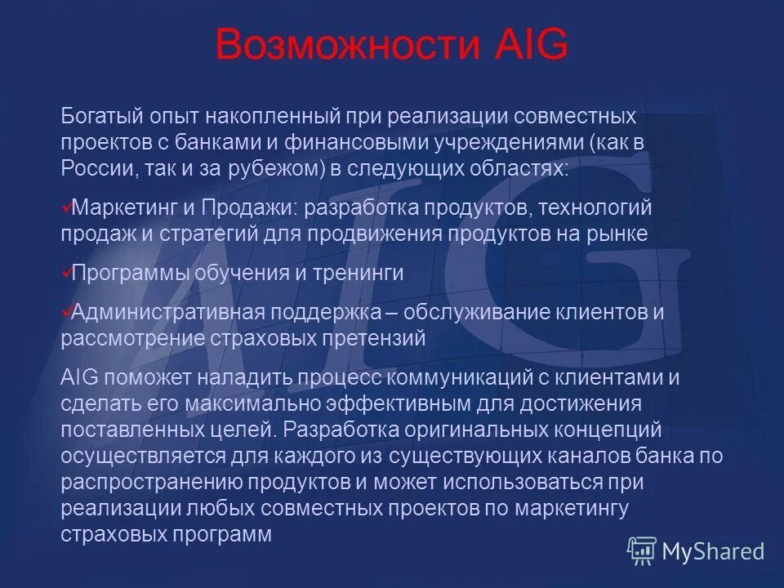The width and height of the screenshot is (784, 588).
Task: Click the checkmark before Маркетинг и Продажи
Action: click(x=66, y=207)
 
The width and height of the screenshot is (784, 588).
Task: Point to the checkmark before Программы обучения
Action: click(x=66, y=271)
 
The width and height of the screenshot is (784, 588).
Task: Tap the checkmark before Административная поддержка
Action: click(x=66, y=310)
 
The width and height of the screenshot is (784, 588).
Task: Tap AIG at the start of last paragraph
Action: click(x=78, y=378)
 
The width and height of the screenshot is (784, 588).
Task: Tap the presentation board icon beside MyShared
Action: click(x=642, y=551)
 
